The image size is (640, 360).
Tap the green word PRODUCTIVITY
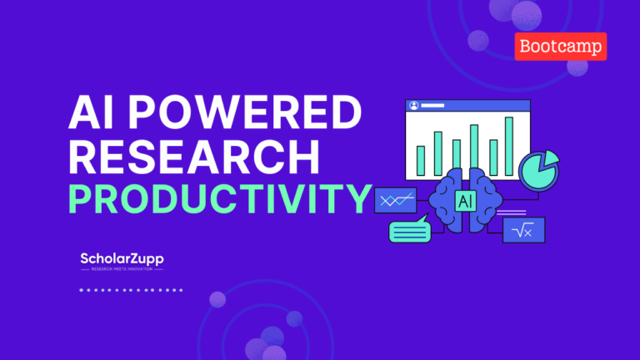pos(219,199)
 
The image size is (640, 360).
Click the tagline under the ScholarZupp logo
pos(121,269)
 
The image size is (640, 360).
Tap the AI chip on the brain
pos(466,200)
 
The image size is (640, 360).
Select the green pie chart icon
pos(536,170)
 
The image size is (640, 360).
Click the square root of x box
pos(523,230)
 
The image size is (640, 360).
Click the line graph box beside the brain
pos(395,200)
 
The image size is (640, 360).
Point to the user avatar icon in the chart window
pos(412,107)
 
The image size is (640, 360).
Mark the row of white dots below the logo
pos(131,290)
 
